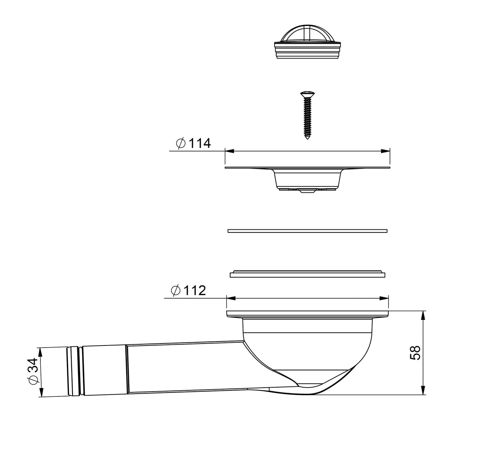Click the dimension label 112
coord(195,290)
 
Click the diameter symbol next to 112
coord(176,290)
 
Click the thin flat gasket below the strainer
coord(307,230)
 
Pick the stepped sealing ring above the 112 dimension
coord(307,274)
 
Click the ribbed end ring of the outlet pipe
coord(74,371)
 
